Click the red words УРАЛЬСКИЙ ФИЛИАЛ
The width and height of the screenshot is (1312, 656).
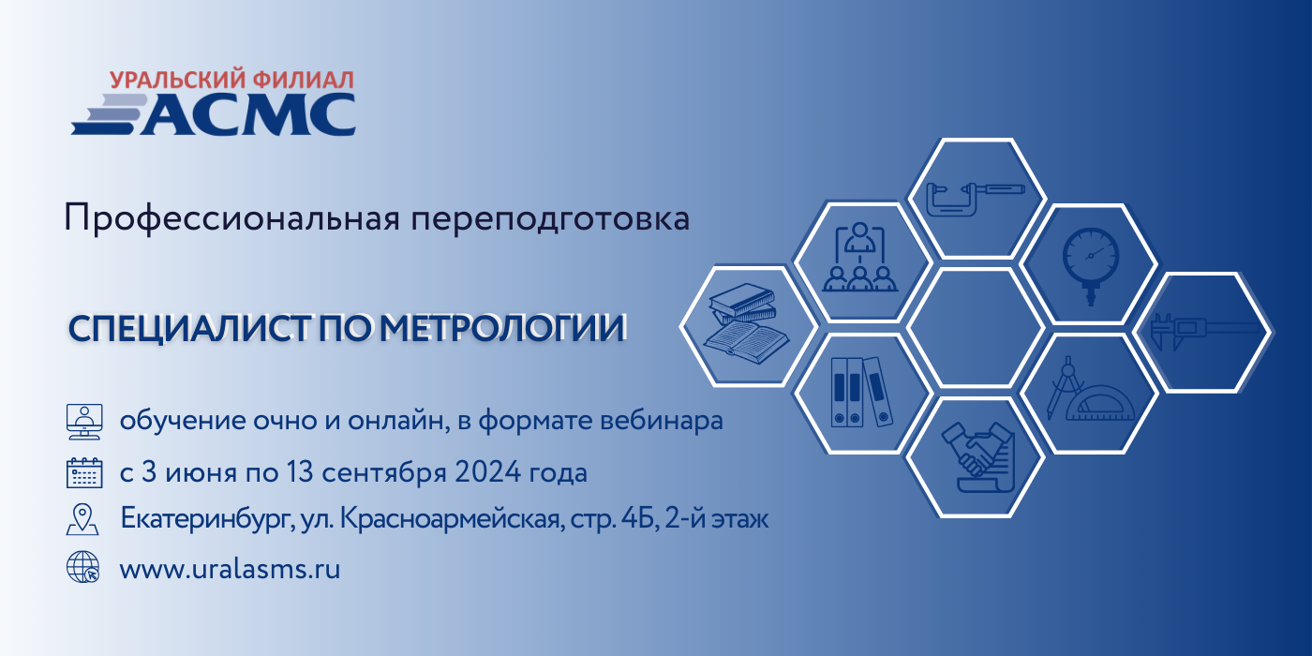tap(232, 80)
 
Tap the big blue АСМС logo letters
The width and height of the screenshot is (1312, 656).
tap(247, 114)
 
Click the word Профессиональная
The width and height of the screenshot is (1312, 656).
tap(232, 218)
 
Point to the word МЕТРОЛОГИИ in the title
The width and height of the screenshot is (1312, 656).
tap(503, 328)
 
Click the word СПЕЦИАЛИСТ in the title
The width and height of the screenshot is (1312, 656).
tap(189, 328)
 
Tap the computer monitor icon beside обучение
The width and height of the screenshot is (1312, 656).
tap(84, 422)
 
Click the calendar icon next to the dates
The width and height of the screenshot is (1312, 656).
tap(84, 472)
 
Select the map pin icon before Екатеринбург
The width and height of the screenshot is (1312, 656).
tap(82, 519)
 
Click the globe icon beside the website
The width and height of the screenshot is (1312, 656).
tap(83, 567)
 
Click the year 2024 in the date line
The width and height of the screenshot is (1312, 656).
tap(488, 472)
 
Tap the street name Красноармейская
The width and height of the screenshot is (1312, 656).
tap(453, 519)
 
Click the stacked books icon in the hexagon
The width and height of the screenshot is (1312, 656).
tap(746, 323)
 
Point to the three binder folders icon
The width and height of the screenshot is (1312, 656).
tap(861, 392)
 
